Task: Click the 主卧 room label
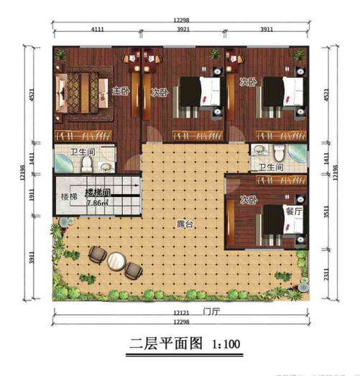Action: [121, 91]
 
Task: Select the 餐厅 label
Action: [292, 211]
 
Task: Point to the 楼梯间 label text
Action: [97, 192]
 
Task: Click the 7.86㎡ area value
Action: [97, 203]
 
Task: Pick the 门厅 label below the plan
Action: [210, 312]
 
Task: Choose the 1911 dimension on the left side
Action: [30, 193]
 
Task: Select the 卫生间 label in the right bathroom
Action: [269, 168]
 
